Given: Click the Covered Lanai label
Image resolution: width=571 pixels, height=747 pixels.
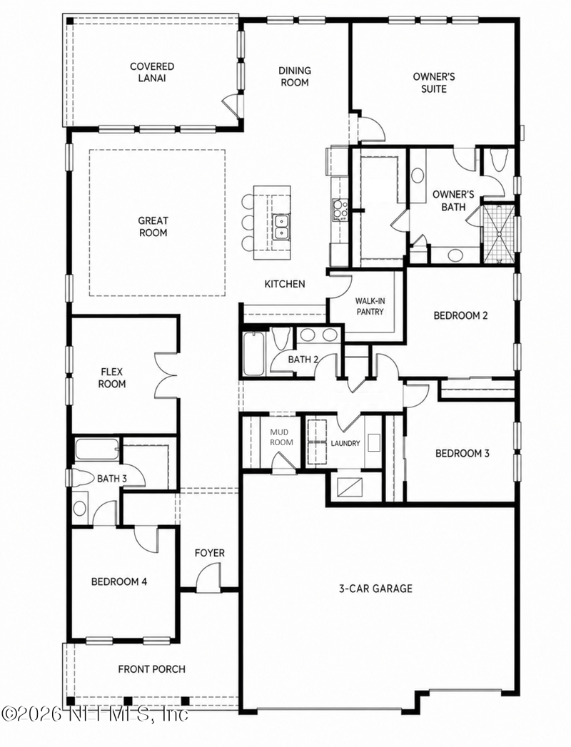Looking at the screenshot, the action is click(152, 72).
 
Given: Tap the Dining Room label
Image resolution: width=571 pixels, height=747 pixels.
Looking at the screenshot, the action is click(295, 76).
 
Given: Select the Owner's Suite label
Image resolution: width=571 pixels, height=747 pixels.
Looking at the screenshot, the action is click(434, 83).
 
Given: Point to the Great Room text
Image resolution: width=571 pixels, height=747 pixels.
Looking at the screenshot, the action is click(153, 227).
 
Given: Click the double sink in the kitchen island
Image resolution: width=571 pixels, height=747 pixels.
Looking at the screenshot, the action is click(281, 227).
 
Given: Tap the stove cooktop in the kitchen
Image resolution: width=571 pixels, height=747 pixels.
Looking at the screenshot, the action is click(340, 210).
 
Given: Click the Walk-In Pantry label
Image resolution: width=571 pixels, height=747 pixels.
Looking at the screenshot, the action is click(370, 306).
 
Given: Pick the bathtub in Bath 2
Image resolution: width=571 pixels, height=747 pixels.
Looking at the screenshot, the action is click(253, 353).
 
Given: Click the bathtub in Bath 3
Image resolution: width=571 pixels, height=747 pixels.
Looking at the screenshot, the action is click(97, 449).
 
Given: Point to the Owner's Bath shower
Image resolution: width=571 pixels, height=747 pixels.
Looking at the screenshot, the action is click(499, 234).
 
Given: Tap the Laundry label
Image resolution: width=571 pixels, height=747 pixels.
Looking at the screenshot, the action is click(345, 443).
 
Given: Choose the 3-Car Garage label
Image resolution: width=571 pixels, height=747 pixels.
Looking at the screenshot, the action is click(375, 589).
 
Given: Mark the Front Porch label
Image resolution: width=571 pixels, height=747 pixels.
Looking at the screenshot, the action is click(151, 669).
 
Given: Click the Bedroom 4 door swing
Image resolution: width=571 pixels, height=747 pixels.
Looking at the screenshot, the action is click(145, 539).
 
